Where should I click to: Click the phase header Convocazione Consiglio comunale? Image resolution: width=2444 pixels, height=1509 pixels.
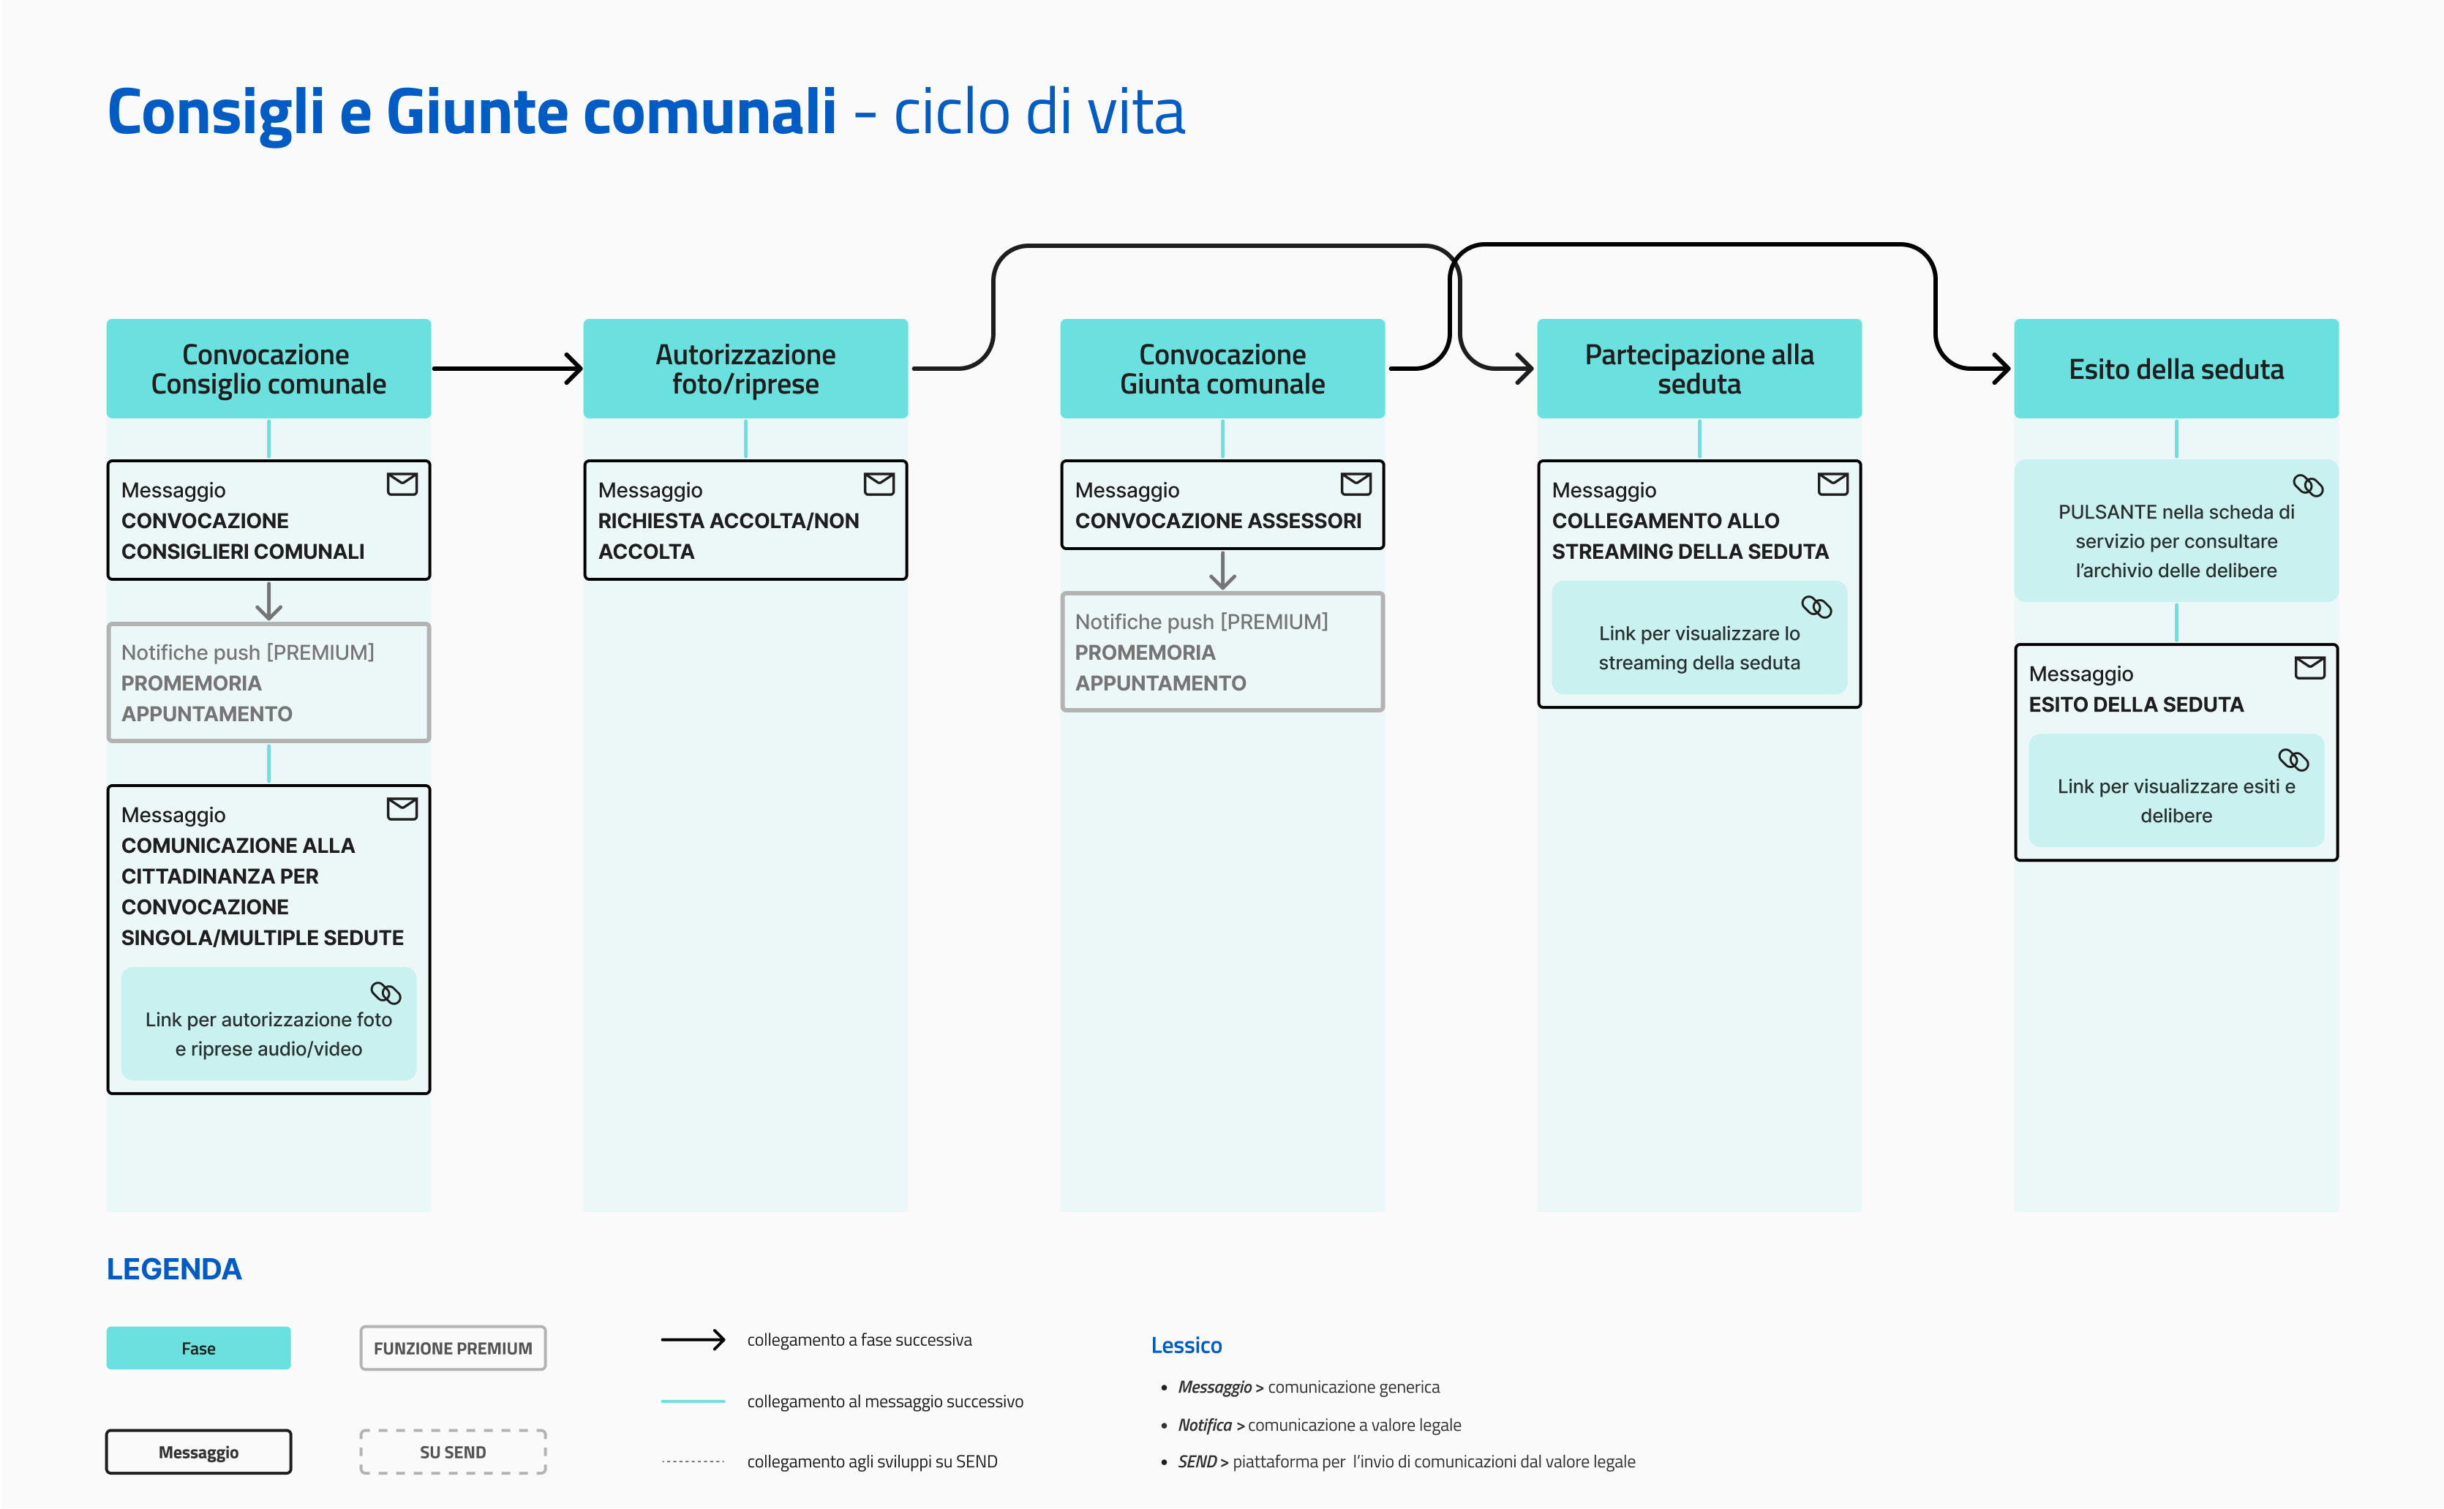click(x=268, y=368)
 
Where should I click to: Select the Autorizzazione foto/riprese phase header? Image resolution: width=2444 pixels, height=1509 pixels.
click(x=745, y=368)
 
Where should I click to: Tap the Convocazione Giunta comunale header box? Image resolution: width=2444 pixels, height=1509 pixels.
click(x=1222, y=368)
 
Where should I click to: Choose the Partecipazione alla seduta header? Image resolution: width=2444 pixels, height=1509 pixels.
click(x=1699, y=368)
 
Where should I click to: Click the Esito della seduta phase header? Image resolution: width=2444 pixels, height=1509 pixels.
click(x=2176, y=368)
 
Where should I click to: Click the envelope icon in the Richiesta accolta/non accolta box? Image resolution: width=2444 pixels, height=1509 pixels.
click(x=879, y=484)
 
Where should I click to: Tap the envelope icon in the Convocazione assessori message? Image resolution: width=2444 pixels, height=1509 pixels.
click(x=1356, y=484)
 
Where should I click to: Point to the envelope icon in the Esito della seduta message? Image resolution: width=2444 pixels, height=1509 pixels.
click(x=2310, y=668)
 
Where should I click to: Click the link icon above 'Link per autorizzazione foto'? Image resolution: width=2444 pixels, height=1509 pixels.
click(x=386, y=993)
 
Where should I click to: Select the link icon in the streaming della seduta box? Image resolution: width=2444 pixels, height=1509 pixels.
click(x=1816, y=607)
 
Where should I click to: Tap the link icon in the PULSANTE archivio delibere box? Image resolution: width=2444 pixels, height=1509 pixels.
click(x=2308, y=486)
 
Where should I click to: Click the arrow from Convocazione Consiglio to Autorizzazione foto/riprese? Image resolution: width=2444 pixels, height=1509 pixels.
click(x=507, y=368)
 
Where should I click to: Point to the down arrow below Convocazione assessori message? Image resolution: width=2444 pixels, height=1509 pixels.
click(x=1222, y=570)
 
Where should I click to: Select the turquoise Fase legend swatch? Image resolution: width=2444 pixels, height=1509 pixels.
click(x=198, y=1348)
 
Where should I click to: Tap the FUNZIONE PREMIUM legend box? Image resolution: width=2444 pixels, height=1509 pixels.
click(x=453, y=1348)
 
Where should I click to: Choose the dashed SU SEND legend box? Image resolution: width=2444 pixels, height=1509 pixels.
click(x=453, y=1452)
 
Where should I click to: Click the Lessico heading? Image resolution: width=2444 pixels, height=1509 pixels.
click(x=1187, y=1345)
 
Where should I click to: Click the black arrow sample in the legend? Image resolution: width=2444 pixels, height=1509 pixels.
click(x=693, y=1339)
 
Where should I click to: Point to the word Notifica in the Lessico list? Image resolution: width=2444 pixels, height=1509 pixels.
click(x=1205, y=1425)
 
